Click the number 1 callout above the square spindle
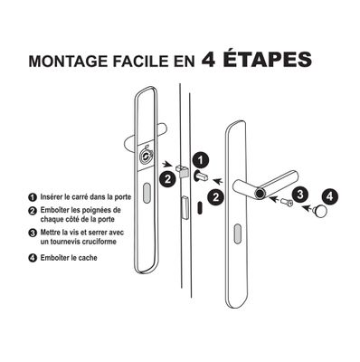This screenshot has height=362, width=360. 203,160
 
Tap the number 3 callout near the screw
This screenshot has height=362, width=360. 301,193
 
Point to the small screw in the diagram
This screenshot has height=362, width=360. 287,203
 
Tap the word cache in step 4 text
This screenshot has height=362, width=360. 87,257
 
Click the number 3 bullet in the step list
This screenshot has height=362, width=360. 33,233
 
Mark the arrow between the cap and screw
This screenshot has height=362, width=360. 303,209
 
